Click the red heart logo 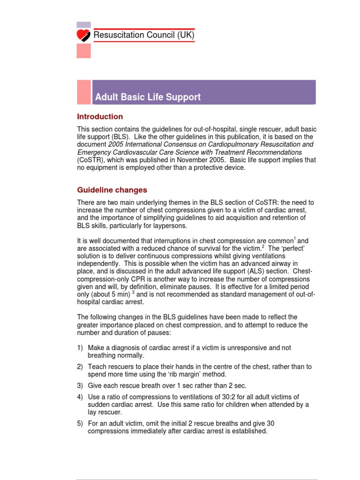[x=84, y=36]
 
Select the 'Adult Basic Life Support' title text [x=148, y=97]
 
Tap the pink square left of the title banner [x=84, y=92]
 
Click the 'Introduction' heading [x=100, y=117]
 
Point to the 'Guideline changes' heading [x=112, y=190]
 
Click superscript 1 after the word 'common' [x=294, y=238]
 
